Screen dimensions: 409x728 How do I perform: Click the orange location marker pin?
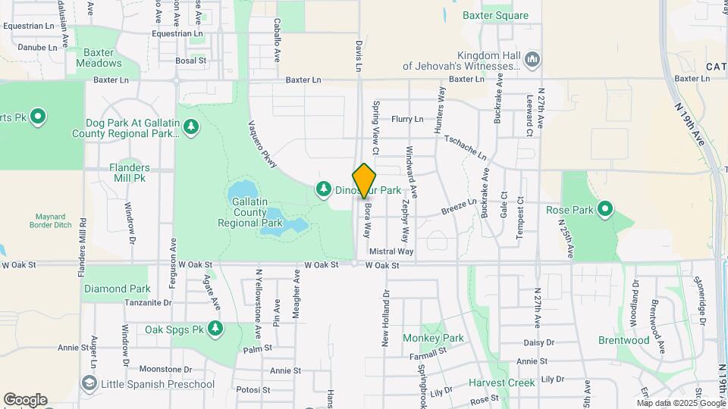(x=365, y=180)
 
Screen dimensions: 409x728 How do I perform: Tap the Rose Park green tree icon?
(x=605, y=208)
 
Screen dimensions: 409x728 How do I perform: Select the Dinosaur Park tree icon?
(x=324, y=188)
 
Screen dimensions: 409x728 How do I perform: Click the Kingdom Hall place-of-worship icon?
(x=532, y=59)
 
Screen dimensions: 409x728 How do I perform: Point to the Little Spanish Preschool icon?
(x=89, y=384)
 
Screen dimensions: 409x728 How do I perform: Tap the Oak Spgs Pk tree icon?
(x=216, y=329)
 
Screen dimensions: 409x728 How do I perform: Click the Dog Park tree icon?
(x=190, y=127)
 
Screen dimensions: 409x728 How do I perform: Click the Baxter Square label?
(x=495, y=15)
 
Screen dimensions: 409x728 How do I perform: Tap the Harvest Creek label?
(x=501, y=382)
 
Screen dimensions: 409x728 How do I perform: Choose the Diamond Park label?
(x=118, y=289)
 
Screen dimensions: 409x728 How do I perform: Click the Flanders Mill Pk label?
(x=129, y=173)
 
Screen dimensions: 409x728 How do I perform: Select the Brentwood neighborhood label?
(x=623, y=340)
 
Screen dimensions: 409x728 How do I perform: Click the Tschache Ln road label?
(x=466, y=148)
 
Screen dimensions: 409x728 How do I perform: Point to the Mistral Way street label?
(x=391, y=251)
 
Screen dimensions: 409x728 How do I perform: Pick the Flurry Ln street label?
(x=407, y=119)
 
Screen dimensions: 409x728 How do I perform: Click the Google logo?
(x=25, y=399)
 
